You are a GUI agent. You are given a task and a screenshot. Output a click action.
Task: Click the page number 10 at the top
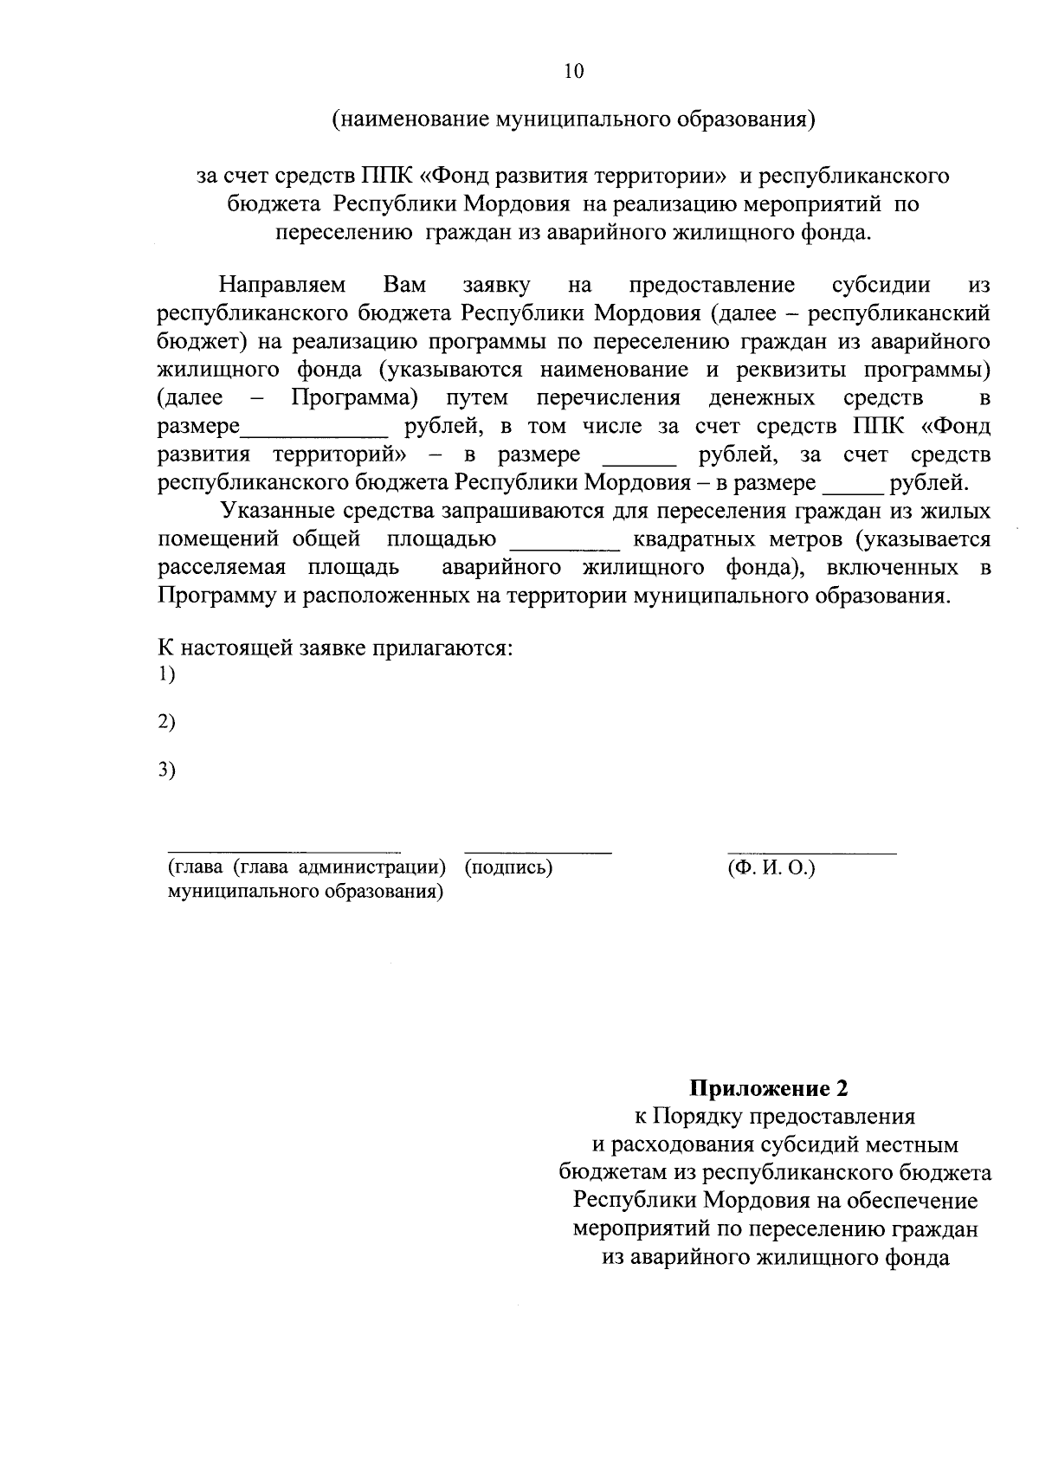point(574,71)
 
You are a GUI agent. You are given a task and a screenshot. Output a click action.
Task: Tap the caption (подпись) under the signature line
point(509,867)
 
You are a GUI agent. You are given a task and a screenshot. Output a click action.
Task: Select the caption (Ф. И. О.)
point(772,867)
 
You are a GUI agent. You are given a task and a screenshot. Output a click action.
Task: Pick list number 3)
point(167,769)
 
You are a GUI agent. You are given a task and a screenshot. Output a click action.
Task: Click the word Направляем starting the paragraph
point(282,285)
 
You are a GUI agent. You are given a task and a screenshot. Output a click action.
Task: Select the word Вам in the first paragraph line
point(404,285)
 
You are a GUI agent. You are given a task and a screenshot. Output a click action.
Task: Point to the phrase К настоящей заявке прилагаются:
point(335,648)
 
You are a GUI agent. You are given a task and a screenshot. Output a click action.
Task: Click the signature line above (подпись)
point(538,852)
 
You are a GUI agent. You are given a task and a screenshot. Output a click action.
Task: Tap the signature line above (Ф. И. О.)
point(811,852)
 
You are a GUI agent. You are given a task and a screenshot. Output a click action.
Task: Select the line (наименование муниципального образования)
point(574,119)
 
